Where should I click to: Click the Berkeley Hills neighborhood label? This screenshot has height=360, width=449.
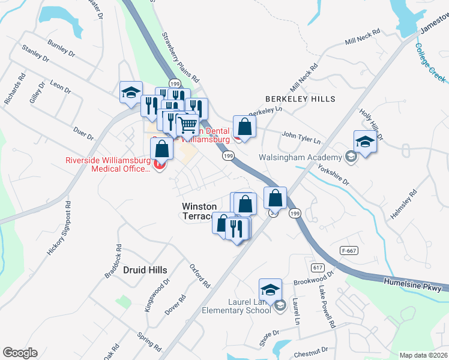pyautogui.click(x=300, y=98)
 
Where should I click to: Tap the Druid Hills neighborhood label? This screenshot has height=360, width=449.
pyautogui.click(x=145, y=270)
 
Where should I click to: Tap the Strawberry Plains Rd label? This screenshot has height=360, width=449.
pyautogui.click(x=180, y=58)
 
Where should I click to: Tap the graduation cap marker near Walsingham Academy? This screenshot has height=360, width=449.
pyautogui.click(x=364, y=142)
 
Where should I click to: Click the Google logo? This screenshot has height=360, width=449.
pyautogui.click(x=20, y=353)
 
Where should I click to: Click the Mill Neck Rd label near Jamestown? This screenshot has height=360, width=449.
pyautogui.click(x=363, y=40)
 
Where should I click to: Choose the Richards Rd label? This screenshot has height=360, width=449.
pyautogui.click(x=14, y=89)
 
